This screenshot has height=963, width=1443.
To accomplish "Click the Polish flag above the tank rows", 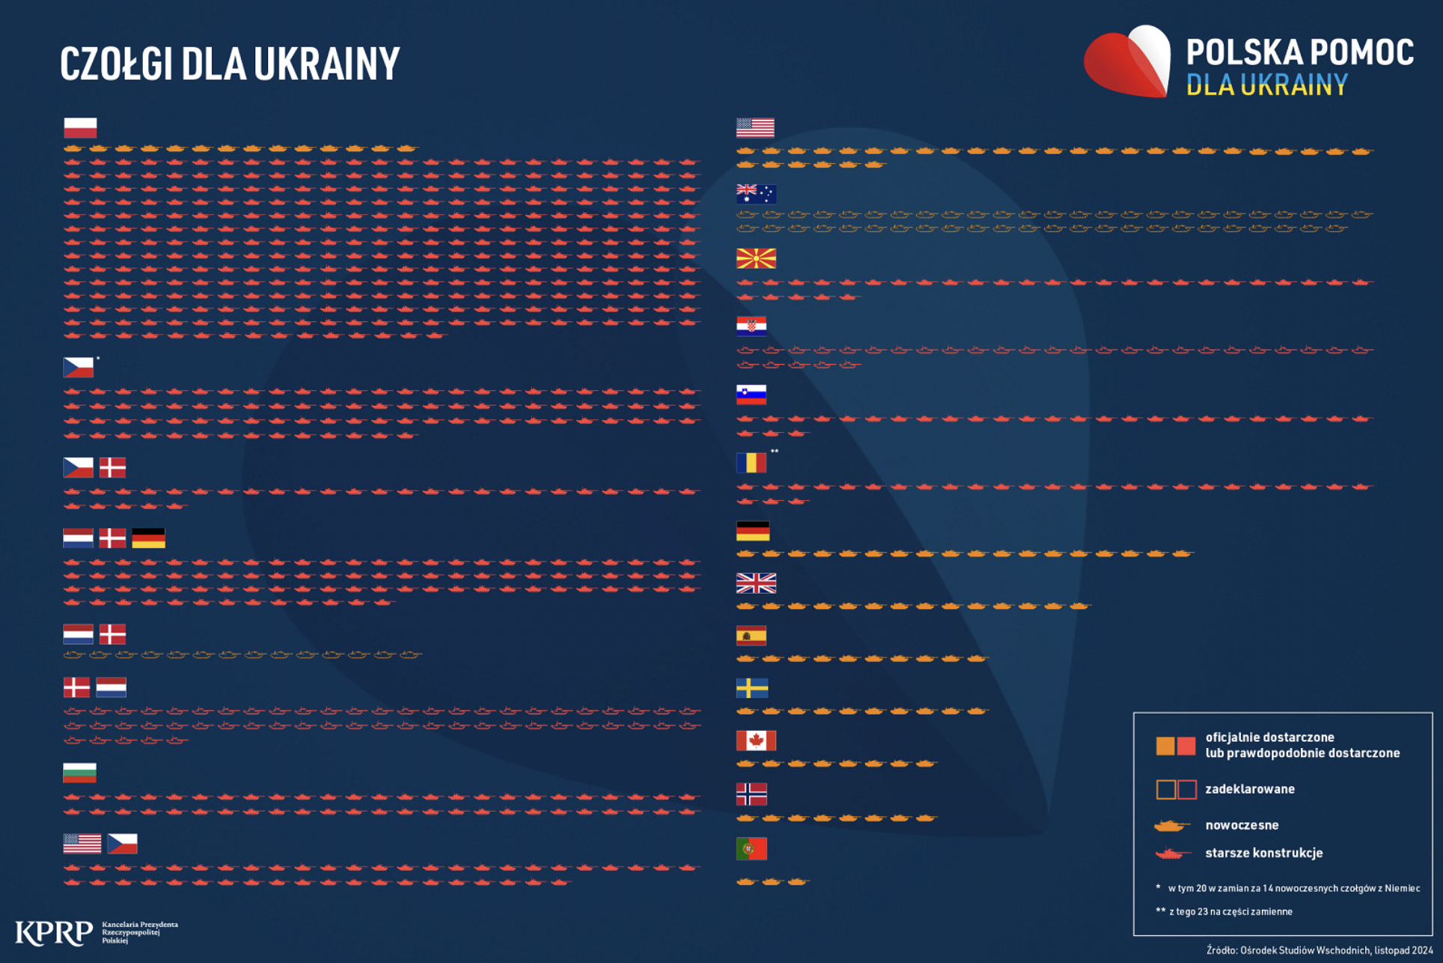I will (80, 127).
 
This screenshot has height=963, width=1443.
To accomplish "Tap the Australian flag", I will (756, 194).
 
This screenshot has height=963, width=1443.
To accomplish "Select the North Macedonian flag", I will (756, 258).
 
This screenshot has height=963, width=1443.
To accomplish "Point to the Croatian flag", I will (751, 326).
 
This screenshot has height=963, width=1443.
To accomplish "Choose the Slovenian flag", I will (751, 395).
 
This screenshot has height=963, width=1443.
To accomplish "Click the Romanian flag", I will (751, 463).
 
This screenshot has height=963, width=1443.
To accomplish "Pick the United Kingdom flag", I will (756, 583).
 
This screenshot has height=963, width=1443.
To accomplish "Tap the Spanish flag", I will (751, 636).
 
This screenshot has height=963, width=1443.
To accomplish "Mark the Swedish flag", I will (752, 688).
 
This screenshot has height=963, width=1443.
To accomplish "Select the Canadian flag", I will (756, 741).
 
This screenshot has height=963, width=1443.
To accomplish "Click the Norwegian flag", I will (751, 794).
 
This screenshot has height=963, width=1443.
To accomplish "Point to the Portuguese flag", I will (751, 849).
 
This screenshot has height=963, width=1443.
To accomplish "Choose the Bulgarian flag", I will (80, 773).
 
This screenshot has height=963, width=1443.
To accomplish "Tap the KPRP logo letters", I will (54, 932).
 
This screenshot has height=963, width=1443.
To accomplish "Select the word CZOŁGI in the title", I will (117, 64).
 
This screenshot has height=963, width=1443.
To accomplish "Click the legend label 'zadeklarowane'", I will (1250, 789).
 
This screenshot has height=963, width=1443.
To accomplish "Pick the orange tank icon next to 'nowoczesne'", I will (1172, 825).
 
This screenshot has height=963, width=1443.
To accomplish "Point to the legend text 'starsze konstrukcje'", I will (1264, 853).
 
